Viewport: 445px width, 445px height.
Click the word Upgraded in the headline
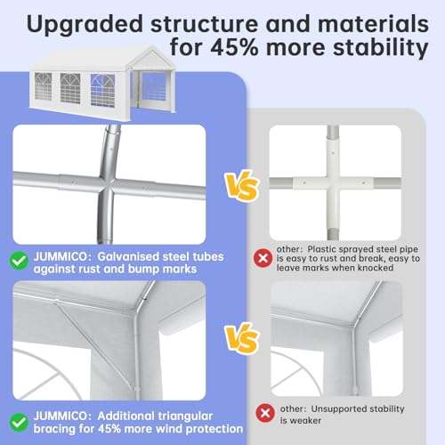(85, 25)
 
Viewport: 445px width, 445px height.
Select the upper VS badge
(242, 186)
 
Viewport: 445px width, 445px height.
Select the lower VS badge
(242, 338)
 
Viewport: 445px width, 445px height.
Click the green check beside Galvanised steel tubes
(19, 261)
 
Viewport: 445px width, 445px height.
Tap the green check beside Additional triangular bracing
(19, 422)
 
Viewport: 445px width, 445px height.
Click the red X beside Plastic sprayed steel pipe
(263, 258)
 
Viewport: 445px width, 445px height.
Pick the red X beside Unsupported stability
(265, 413)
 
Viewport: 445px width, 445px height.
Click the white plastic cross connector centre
(333, 183)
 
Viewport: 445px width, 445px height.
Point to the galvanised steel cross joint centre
(108, 184)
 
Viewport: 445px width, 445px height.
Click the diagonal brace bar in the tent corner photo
(94, 344)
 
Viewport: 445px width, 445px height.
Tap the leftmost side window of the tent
(44, 86)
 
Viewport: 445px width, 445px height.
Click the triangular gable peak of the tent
(153, 59)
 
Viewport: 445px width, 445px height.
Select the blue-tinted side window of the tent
(102, 91)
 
